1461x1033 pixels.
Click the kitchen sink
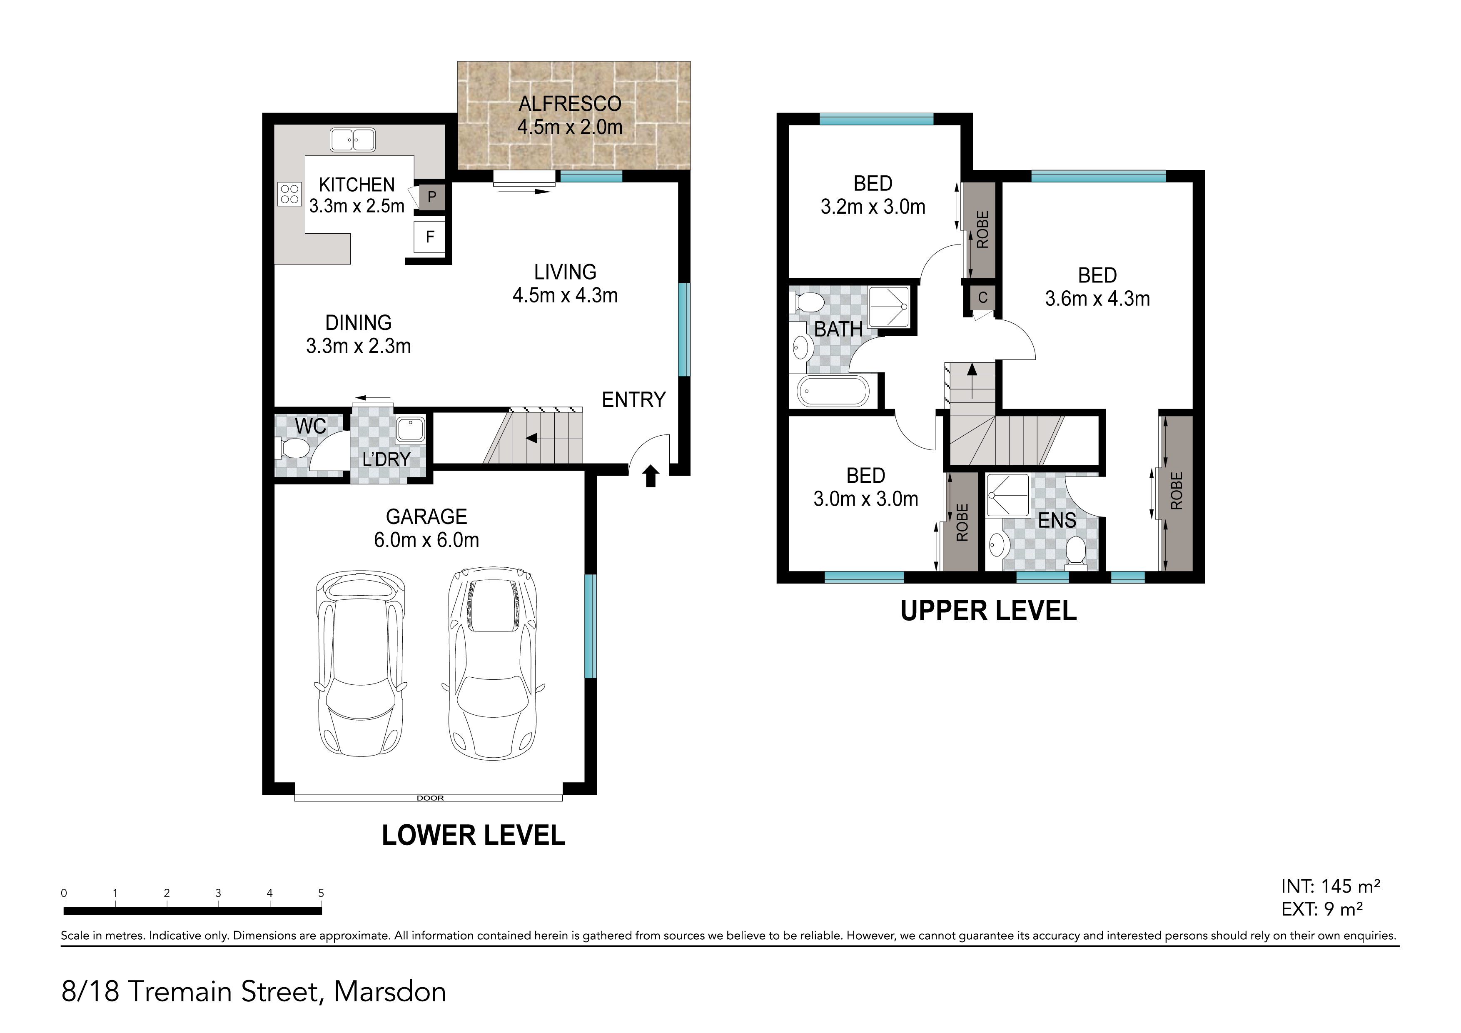point(352,140)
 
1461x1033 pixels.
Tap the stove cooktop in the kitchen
point(289,194)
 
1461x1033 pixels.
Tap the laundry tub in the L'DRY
point(410,429)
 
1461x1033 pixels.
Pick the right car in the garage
point(493,663)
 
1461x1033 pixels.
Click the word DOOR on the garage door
point(430,798)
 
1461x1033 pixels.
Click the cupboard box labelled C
point(982,297)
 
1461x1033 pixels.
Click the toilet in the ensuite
point(1075,550)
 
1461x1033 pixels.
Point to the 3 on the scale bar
point(218,893)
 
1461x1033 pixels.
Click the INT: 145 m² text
point(1331,886)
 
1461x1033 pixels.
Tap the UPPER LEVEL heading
point(988,611)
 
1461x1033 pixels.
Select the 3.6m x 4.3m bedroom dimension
point(1098,299)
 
